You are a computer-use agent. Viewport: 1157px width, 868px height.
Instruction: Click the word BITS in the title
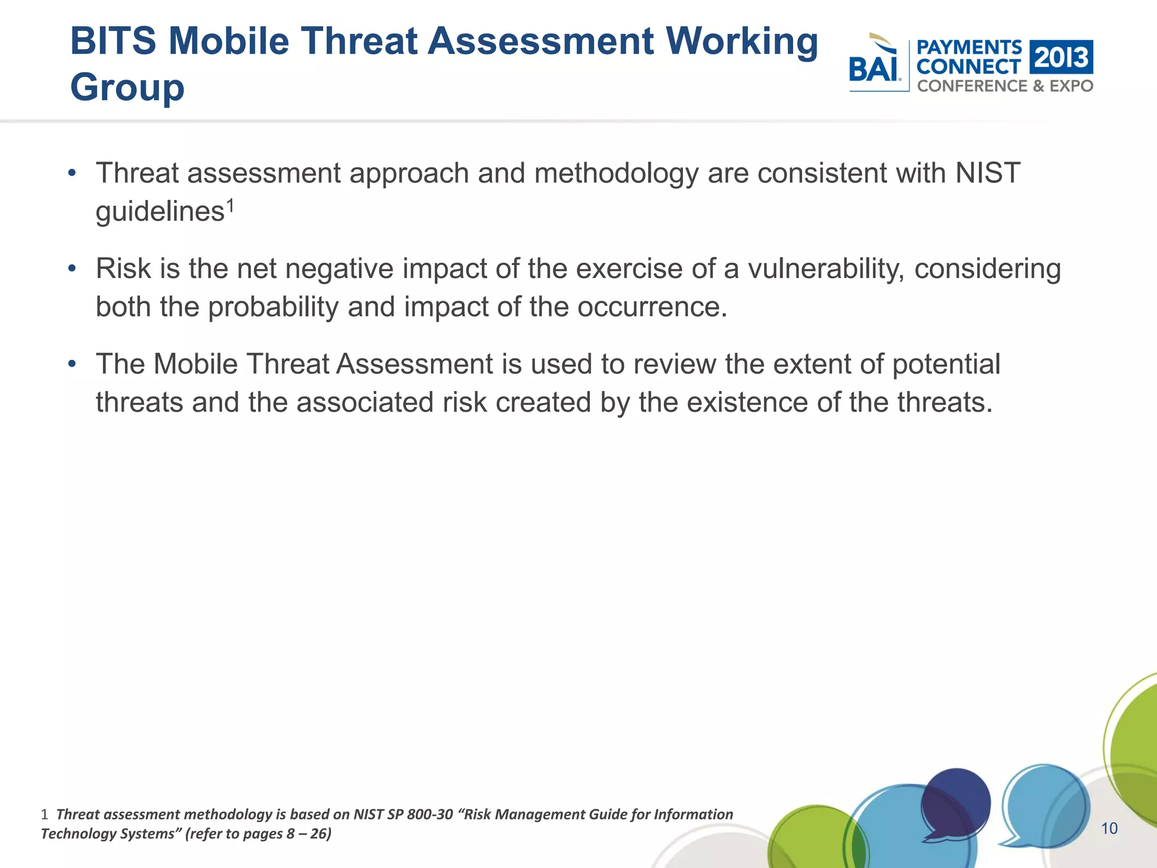pos(113,42)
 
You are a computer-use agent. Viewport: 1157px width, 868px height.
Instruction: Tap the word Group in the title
pos(127,88)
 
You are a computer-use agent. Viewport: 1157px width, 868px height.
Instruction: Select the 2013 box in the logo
pos(1061,57)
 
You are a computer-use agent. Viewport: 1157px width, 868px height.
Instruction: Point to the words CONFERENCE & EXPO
pos(1005,86)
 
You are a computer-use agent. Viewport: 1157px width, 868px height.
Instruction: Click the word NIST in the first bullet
pos(988,173)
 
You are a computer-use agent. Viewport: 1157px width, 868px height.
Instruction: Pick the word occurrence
pos(652,307)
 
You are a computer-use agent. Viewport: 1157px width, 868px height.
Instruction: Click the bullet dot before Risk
pos(72,268)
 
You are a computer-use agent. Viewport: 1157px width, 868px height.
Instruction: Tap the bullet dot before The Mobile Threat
pos(72,364)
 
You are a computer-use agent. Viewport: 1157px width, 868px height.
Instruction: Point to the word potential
pos(946,364)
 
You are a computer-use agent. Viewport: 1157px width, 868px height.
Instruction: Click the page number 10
pos(1109,828)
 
